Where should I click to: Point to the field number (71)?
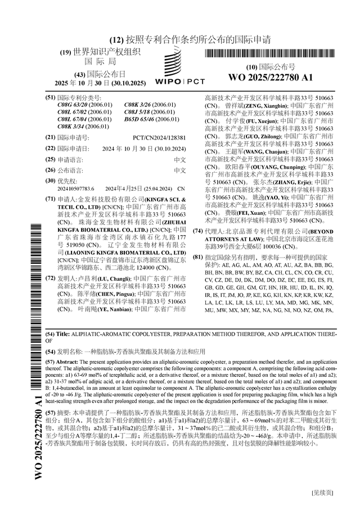[x=50, y=200]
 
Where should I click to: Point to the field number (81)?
[x=197, y=257]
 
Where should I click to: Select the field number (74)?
[x=197, y=231]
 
